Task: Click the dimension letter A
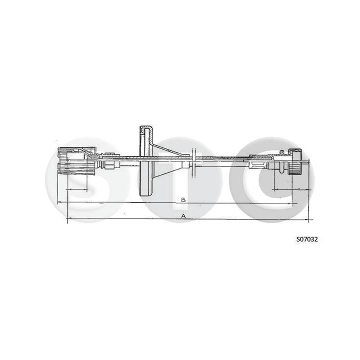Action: pos(183,216)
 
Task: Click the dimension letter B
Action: pos(183,199)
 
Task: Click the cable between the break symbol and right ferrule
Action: pos(225,158)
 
